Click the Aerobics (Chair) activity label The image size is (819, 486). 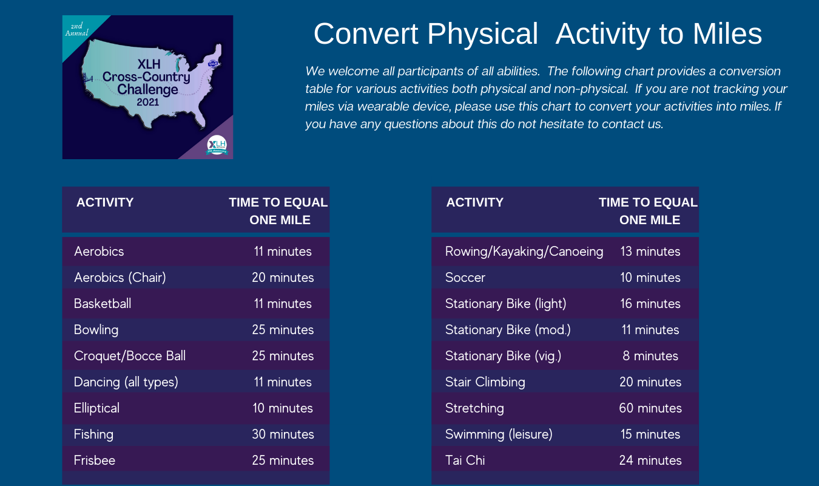[120, 278]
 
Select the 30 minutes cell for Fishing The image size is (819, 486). [283, 434]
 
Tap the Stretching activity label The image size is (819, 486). [474, 408]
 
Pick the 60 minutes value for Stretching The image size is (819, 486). [650, 408]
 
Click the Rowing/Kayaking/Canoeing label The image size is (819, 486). [524, 252]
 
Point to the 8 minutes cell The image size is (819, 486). [650, 356]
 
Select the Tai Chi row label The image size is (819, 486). [465, 460]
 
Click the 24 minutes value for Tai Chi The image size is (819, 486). [650, 460]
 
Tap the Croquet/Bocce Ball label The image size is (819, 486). [130, 356]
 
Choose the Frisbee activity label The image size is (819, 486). [94, 460]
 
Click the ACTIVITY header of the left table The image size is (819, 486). [105, 202]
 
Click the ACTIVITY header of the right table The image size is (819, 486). [474, 202]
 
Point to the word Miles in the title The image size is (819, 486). [727, 33]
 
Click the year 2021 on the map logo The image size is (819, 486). [147, 102]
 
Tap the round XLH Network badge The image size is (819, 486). [217, 145]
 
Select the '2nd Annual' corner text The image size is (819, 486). [77, 29]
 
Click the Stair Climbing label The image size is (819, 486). [485, 382]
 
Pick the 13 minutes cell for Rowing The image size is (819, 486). [650, 252]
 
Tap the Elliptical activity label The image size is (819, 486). [96, 408]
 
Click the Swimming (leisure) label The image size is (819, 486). [499, 434]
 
